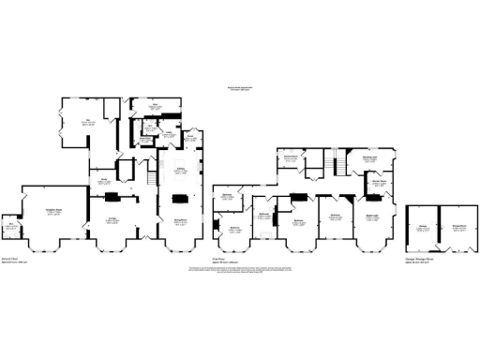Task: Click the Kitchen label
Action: [x=181, y=170]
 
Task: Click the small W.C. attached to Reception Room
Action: [x=11, y=224]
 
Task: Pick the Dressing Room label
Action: [x=369, y=159]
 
